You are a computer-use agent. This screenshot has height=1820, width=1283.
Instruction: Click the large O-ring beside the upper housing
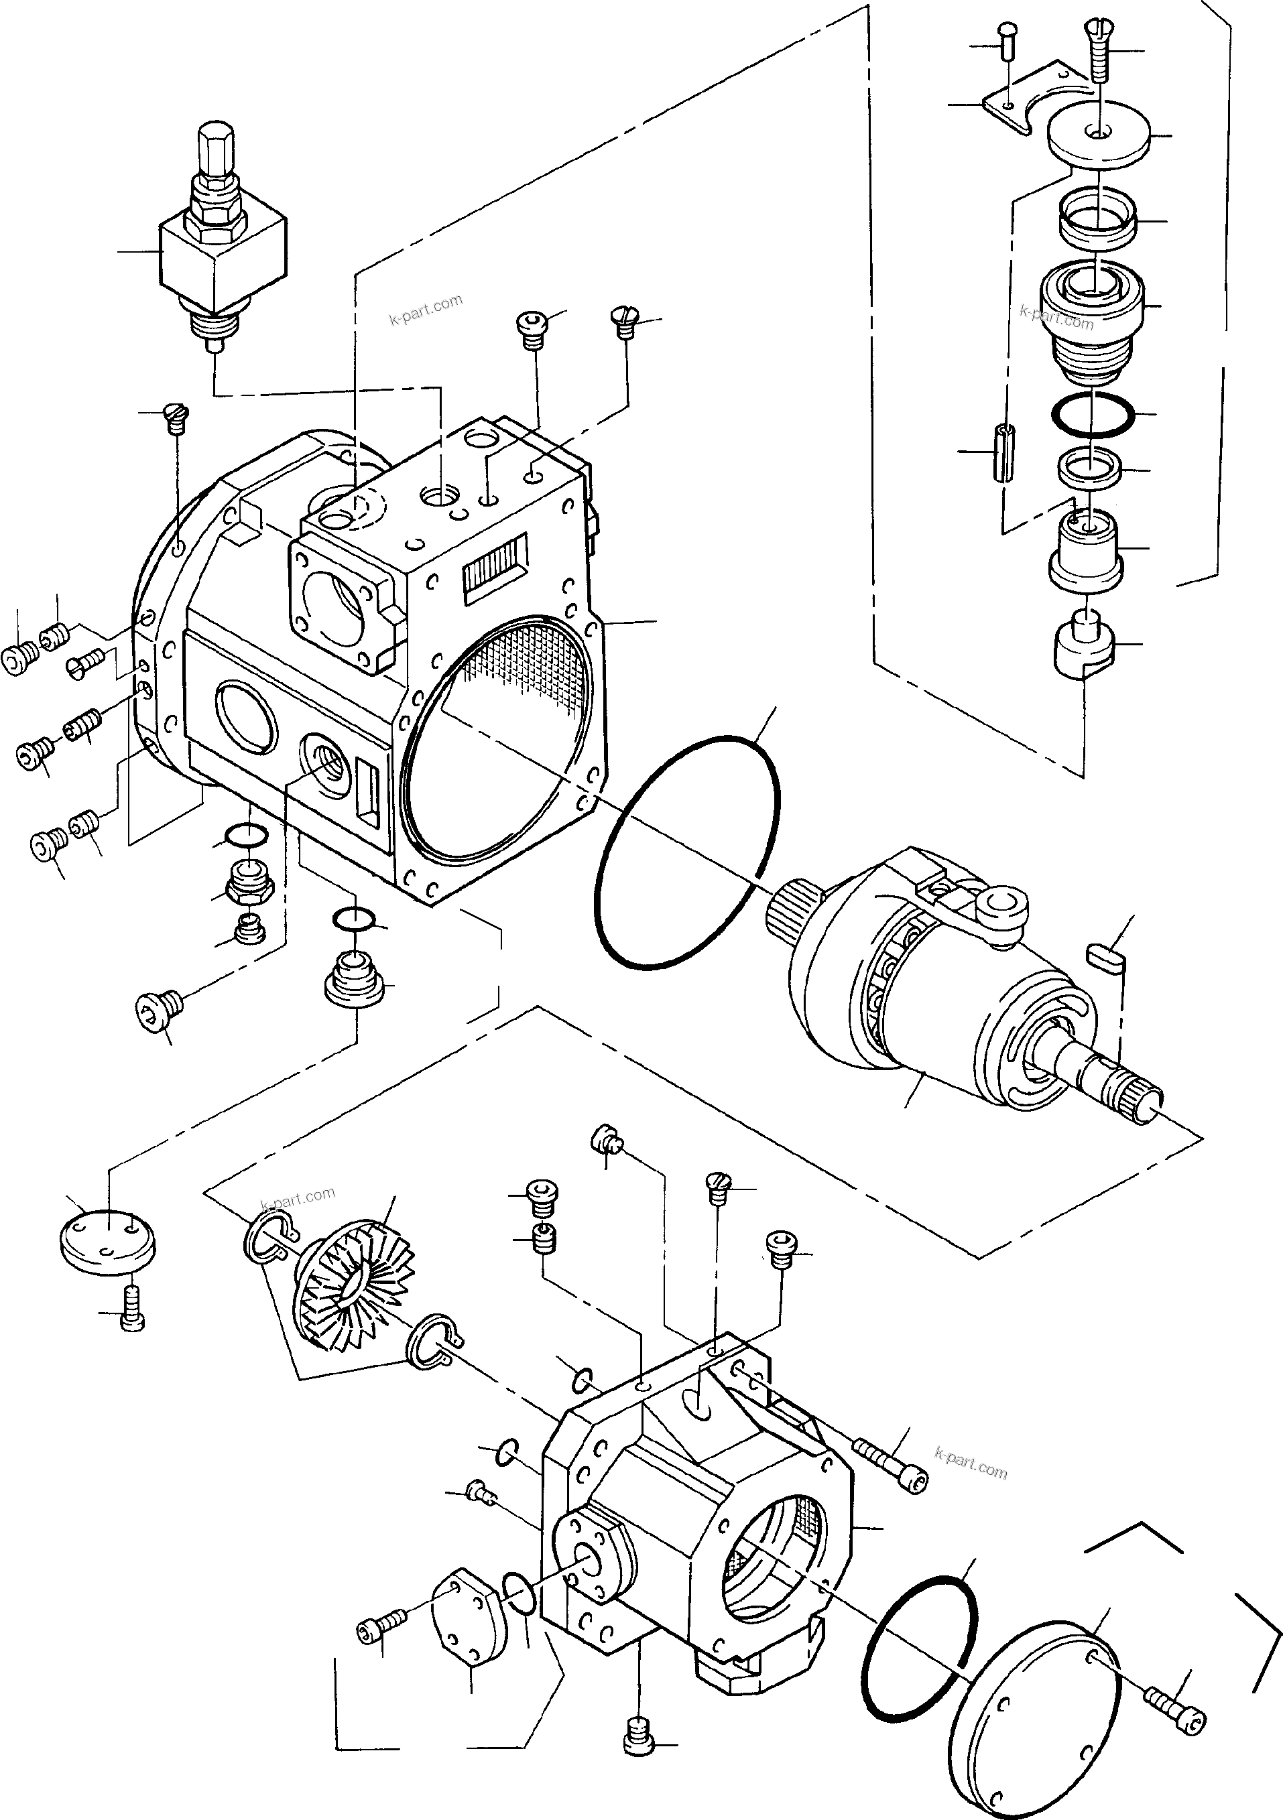coord(686,852)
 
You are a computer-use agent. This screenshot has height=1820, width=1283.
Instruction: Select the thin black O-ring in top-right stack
coord(1092,413)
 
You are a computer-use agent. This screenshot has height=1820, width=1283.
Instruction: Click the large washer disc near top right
coord(1098,138)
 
